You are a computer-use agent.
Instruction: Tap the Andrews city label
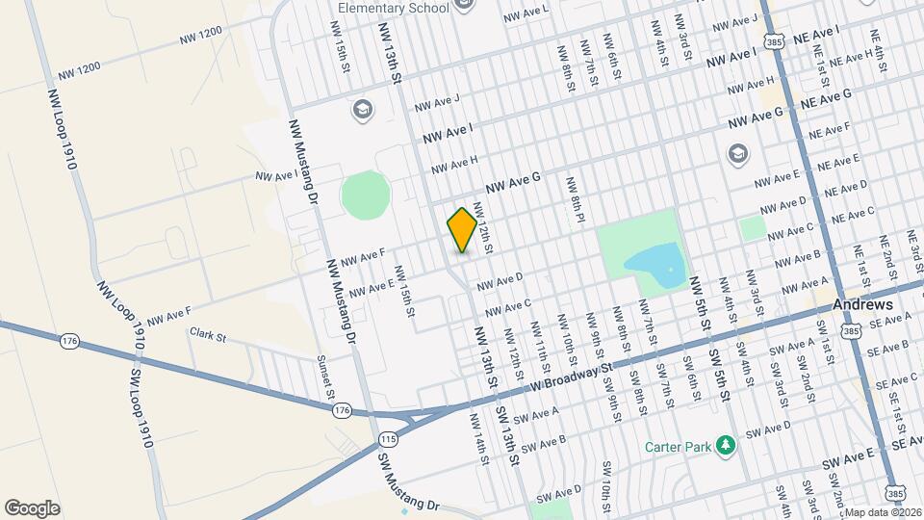(862, 304)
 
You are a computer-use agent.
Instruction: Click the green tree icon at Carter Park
(728, 445)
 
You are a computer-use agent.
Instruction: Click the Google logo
(32, 508)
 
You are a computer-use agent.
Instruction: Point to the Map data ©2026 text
(884, 512)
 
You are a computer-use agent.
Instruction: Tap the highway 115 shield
(388, 439)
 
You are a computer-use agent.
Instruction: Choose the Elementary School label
(393, 9)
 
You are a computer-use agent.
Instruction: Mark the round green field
(366, 195)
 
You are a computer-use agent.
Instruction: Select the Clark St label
(207, 336)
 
